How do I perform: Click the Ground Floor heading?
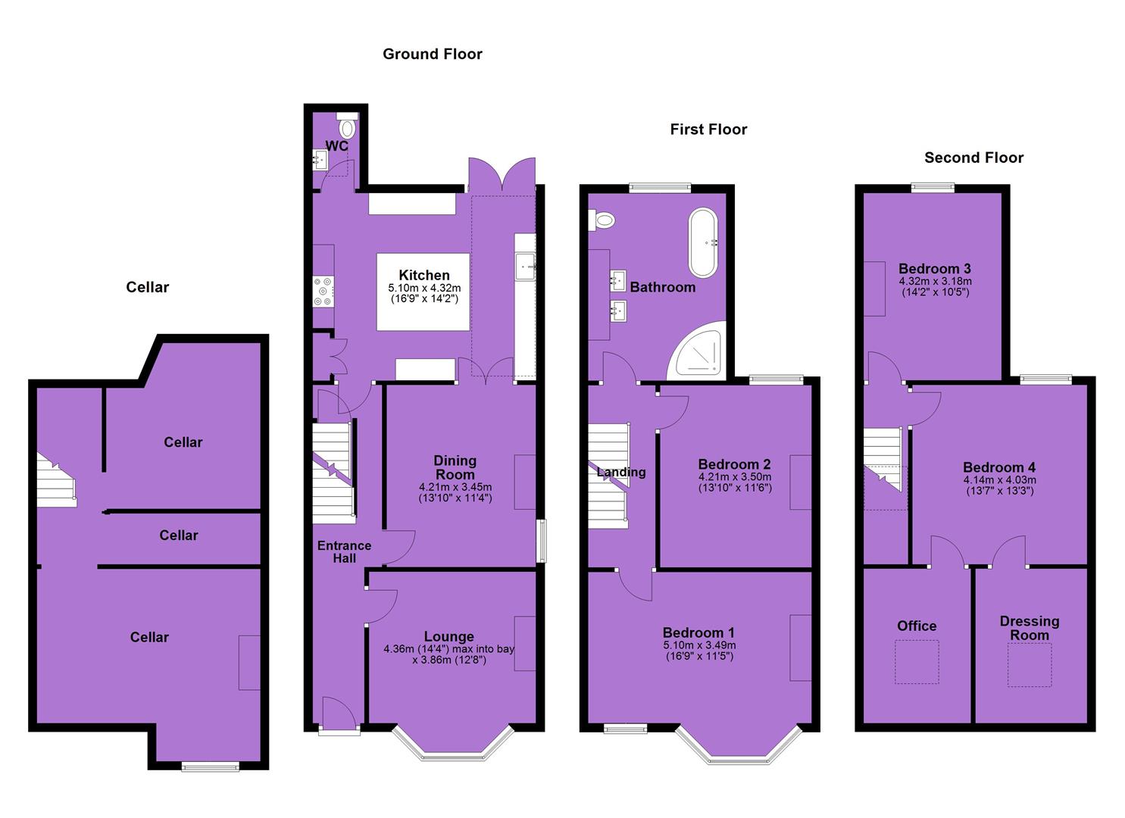point(433,54)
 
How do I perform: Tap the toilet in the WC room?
point(346,126)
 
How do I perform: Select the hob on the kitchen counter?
point(323,292)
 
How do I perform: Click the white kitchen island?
point(423,292)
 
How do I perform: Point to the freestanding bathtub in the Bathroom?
point(703,242)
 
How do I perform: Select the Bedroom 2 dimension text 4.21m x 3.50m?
point(735,476)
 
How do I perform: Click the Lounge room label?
point(449,636)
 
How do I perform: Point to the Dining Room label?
point(455,467)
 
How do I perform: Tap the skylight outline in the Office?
point(917,662)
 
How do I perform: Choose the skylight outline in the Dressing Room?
point(1030,665)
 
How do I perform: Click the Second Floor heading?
point(973,158)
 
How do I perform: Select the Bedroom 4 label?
point(999,467)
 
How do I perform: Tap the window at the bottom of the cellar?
point(211,766)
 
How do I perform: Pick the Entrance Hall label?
point(344,552)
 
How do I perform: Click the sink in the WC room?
point(320,160)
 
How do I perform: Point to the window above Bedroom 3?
point(933,187)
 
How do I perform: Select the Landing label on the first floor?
point(621,472)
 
